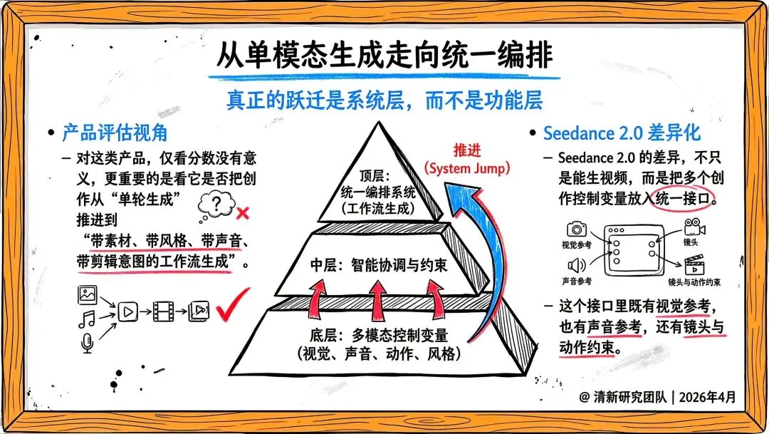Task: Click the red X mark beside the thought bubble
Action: [x=242, y=213]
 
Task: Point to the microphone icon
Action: [x=87, y=344]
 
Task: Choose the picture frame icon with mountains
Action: [x=88, y=293]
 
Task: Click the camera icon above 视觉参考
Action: [x=576, y=229]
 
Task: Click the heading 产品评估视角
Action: [x=114, y=133]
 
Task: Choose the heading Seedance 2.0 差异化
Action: [x=622, y=133]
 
